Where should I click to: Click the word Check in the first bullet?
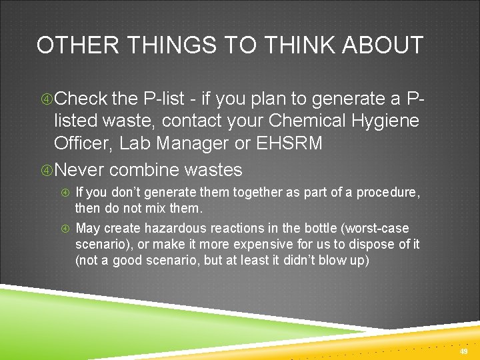tap(81, 99)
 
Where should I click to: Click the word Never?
tap(79, 169)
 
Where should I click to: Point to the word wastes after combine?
tap(213, 169)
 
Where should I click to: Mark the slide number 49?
tap(464, 351)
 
